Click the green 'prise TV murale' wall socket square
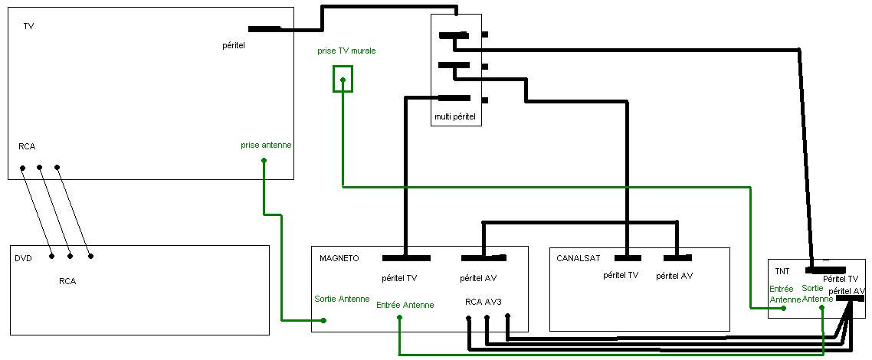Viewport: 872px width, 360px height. [x=343, y=67]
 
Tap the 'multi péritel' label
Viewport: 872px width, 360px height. [x=455, y=117]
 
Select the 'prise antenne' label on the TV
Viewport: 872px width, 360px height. [x=266, y=146]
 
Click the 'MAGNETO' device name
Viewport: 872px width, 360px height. [x=339, y=258]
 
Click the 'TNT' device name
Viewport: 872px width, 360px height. [x=782, y=272]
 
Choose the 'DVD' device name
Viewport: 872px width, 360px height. [x=23, y=258]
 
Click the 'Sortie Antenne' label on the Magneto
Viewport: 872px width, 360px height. [x=342, y=299]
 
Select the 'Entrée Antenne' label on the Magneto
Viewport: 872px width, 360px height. [x=405, y=305]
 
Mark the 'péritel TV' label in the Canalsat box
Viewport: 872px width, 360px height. [x=621, y=275]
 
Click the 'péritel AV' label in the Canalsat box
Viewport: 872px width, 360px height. [x=674, y=275]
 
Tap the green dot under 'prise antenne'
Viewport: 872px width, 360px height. [x=264, y=161]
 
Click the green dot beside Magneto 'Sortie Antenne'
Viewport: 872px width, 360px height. [x=323, y=321]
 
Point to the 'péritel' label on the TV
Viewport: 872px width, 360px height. [x=234, y=45]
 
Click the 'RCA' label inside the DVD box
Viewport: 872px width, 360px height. [x=67, y=281]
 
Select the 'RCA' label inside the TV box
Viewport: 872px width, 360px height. [x=27, y=146]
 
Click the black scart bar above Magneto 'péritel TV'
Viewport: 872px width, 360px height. [x=407, y=258]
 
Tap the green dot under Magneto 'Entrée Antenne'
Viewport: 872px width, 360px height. [x=399, y=317]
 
